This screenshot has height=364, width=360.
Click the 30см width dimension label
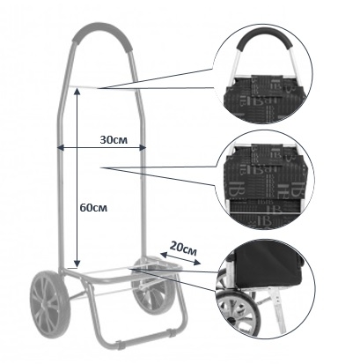point(114,139)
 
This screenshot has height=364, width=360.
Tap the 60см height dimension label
point(93,208)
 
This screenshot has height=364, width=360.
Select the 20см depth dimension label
point(184,249)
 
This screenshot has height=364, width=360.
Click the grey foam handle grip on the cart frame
point(101,34)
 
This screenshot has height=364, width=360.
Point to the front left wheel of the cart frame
point(49,302)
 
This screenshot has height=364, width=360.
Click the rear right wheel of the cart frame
point(152,285)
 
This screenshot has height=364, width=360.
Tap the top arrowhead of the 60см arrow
point(77,93)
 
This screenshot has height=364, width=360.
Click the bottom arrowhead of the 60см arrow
point(77,264)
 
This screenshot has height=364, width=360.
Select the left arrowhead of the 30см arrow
point(60,147)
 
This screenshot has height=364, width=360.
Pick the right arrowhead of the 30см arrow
point(143,147)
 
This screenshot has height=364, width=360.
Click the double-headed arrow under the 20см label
point(180,258)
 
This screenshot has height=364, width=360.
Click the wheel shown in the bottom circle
point(237,313)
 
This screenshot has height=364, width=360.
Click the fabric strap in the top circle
point(267,85)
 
